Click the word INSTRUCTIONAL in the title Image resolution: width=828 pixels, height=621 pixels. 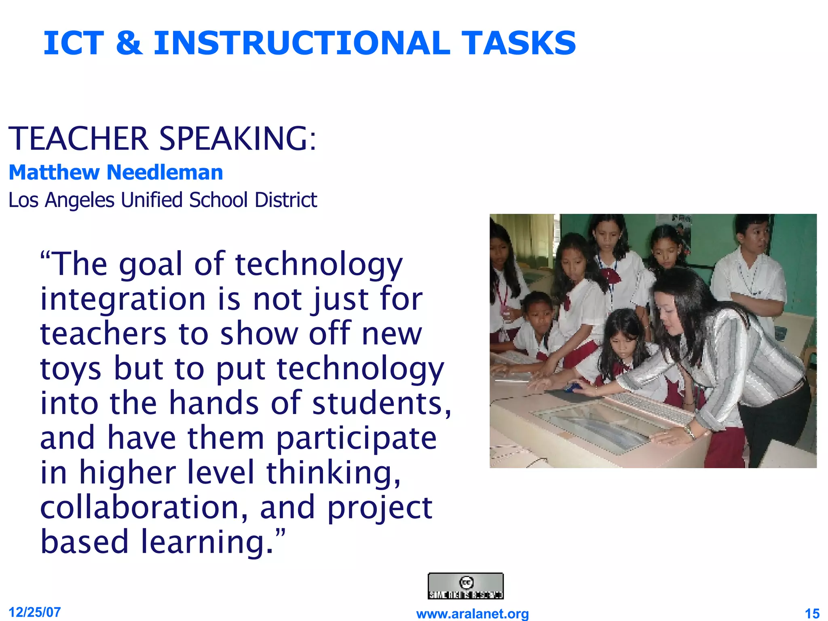point(302,43)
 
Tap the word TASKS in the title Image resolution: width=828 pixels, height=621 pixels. point(519,43)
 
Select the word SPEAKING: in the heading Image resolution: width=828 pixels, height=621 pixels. point(238,139)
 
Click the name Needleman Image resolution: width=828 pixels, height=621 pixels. point(165,173)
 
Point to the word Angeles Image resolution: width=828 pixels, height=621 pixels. point(80,200)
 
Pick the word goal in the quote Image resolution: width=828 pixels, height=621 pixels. point(151,265)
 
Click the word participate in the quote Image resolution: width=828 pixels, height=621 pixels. point(356,439)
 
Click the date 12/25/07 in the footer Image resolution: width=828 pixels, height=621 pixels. point(35,612)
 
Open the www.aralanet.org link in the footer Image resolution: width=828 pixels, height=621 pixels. point(473,614)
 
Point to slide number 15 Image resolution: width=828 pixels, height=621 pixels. point(812,614)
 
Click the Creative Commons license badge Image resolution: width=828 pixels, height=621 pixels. point(466,586)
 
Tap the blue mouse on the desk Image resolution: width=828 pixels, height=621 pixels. point(571,388)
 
